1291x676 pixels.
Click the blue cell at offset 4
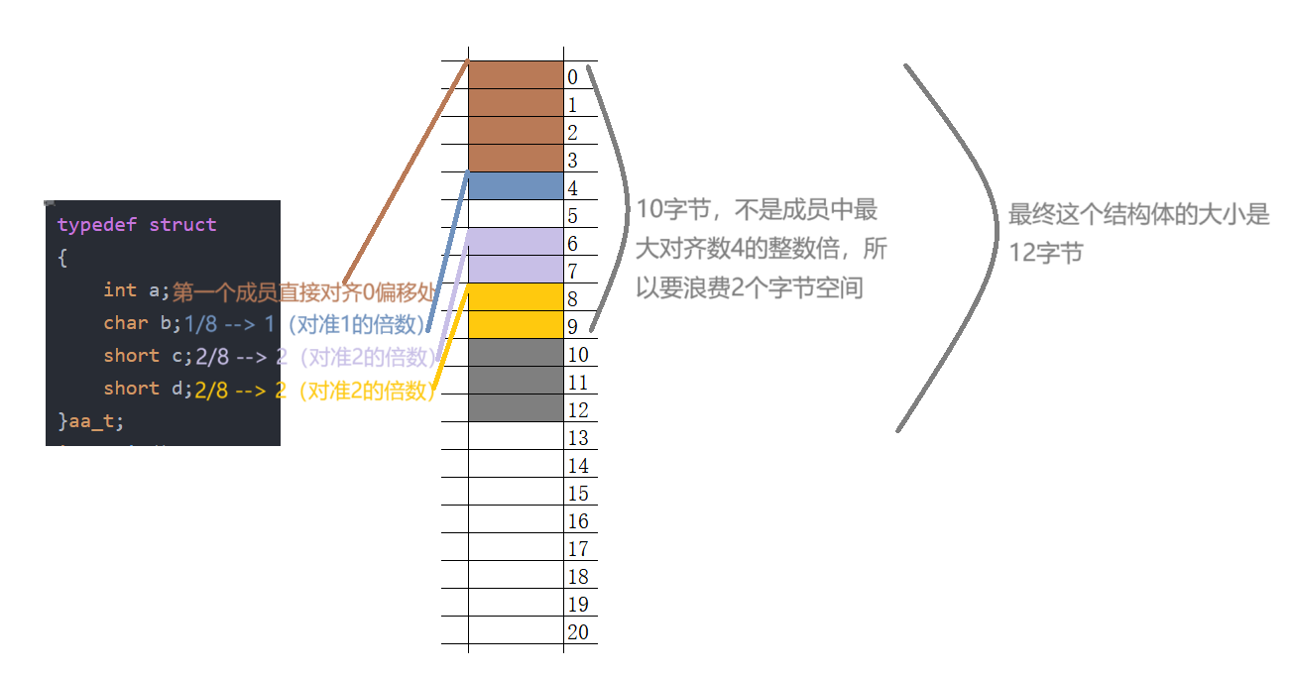[x=516, y=186]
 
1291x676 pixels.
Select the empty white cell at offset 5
[x=516, y=214]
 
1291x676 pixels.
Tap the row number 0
[x=573, y=77]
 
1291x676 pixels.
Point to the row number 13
[x=578, y=438]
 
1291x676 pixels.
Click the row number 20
[x=578, y=632]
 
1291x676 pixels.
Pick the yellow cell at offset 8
[x=516, y=297]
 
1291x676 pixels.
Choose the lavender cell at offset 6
[x=516, y=242]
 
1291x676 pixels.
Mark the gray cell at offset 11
[x=516, y=381]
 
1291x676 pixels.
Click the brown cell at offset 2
[x=516, y=131]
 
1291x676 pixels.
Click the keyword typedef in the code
[x=97, y=225]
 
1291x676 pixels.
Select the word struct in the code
[x=182, y=225]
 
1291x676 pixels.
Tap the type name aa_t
[x=96, y=420]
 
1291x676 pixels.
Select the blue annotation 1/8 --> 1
[x=229, y=324]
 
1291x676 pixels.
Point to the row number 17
[x=578, y=549]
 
